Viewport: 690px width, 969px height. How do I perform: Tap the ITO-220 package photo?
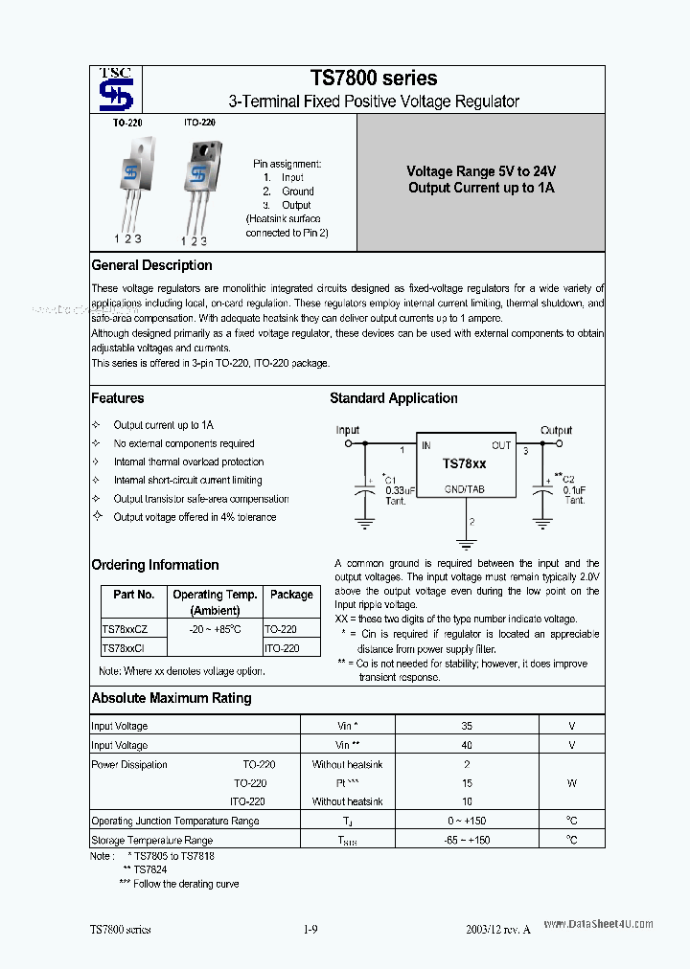pos(200,182)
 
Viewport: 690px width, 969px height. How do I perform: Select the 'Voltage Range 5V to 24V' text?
pos(481,171)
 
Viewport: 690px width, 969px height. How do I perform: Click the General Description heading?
pos(151,265)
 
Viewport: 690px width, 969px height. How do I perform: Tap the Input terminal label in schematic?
pos(348,430)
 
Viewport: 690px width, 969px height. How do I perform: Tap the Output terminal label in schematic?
pos(556,430)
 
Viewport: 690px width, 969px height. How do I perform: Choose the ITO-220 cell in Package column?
pos(282,648)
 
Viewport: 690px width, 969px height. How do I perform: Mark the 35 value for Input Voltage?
pos(466,726)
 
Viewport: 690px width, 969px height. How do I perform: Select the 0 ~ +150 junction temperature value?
pos(466,821)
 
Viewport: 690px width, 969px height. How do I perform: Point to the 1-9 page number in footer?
pos(310,929)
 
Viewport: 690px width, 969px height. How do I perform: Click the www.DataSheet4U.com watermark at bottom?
pos(598,924)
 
